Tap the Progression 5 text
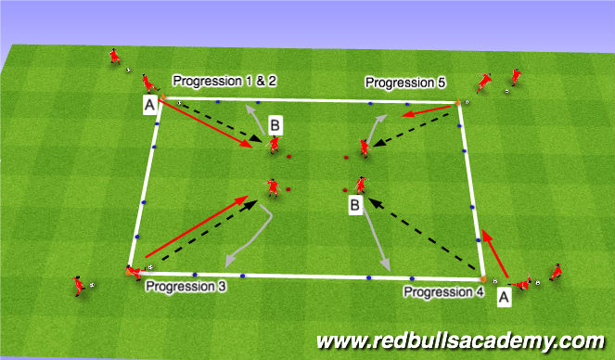pos(405,83)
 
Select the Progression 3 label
pos(185,287)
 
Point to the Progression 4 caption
pos(443,291)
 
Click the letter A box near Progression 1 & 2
pos(149,106)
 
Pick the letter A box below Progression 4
pos(504,297)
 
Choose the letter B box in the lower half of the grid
pos(354,204)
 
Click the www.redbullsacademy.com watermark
pos(460,341)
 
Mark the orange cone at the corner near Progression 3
pos(127,273)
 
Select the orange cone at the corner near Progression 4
pos(483,276)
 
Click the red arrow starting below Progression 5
pos(429,112)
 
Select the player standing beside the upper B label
pos(274,145)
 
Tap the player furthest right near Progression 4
pos(555,271)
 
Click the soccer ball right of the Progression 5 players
pos(507,91)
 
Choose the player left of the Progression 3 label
pos(78,285)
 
